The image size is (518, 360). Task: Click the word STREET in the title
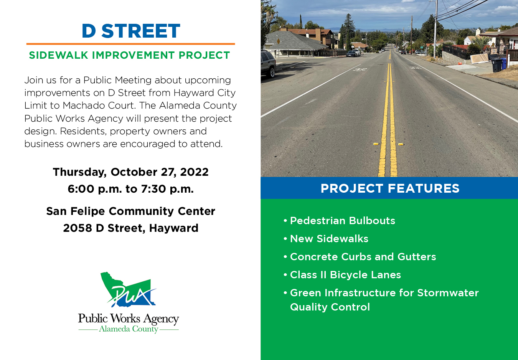[141, 31]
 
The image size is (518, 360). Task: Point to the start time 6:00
[81, 189]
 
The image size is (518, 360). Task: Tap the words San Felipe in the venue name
[76, 211]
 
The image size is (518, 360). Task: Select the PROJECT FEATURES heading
[390, 188]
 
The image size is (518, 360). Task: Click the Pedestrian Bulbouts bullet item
[342, 221]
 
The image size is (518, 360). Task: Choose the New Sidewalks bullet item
[329, 239]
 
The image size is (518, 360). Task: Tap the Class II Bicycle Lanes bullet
[345, 275]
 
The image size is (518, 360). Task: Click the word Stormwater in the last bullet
[448, 293]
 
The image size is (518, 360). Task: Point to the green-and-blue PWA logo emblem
[128, 290]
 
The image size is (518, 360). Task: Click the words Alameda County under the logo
[129, 329]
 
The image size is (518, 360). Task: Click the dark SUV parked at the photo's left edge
[267, 63]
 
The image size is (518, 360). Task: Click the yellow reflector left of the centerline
[376, 144]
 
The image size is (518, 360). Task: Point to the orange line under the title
[130, 44]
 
